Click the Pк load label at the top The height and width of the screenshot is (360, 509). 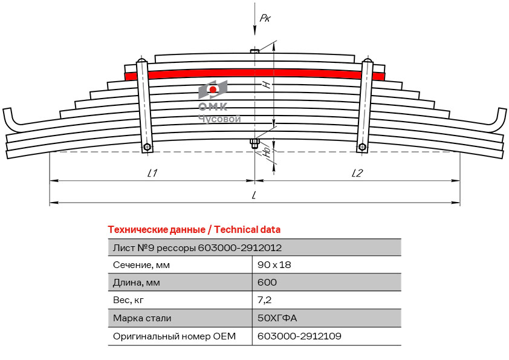tap(265, 18)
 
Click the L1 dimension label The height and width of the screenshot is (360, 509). tap(152, 173)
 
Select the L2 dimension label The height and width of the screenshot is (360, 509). tap(357, 173)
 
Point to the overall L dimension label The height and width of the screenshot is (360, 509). tap(254, 195)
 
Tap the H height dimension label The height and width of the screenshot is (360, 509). tap(266, 85)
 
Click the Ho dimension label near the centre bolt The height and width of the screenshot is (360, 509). tap(267, 152)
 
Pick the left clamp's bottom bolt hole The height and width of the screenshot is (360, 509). tap(148, 146)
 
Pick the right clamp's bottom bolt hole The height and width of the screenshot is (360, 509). tap(361, 146)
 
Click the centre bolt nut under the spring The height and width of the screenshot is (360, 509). tap(254, 143)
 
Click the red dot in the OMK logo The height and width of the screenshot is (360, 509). tap(213, 90)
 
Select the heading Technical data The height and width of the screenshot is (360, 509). tap(194, 229)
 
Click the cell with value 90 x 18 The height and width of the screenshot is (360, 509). tap(274, 264)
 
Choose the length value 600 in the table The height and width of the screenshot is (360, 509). tap(267, 282)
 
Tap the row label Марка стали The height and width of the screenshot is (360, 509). tap(142, 318)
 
